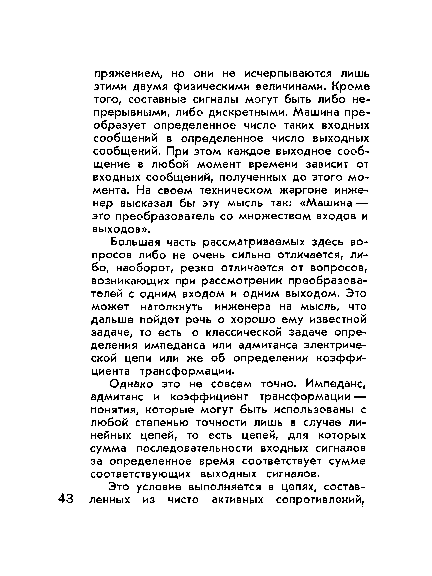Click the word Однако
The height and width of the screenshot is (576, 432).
(131, 384)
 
